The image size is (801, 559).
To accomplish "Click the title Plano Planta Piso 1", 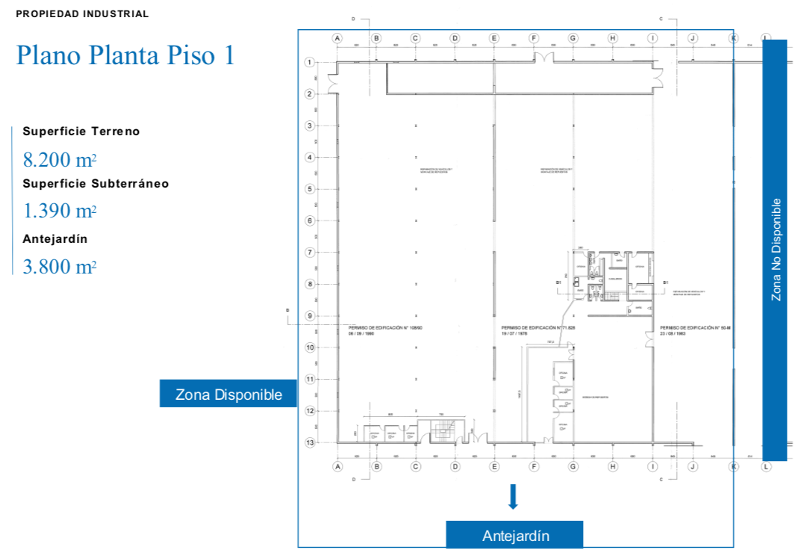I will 125,55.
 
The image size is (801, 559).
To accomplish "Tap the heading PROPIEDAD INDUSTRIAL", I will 82,13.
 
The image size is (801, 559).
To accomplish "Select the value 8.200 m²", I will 60,159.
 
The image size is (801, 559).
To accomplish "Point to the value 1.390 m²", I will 60,211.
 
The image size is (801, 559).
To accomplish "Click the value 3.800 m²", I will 60,266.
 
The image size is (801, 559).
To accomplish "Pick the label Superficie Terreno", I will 81,132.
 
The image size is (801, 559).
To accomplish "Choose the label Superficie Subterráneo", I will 96,183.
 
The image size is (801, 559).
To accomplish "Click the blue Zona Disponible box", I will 228,394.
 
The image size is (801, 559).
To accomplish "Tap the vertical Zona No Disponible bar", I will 775,250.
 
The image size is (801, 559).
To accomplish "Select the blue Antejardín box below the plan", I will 515,535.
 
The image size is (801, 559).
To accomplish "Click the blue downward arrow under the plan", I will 513,496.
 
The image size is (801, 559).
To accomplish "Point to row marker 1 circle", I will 308,62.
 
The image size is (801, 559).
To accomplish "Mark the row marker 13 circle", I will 308,442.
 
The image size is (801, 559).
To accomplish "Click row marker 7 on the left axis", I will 308,252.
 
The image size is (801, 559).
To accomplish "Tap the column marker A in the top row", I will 337,37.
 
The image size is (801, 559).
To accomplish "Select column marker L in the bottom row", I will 766,467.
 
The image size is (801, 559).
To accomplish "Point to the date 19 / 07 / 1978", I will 515,334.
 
